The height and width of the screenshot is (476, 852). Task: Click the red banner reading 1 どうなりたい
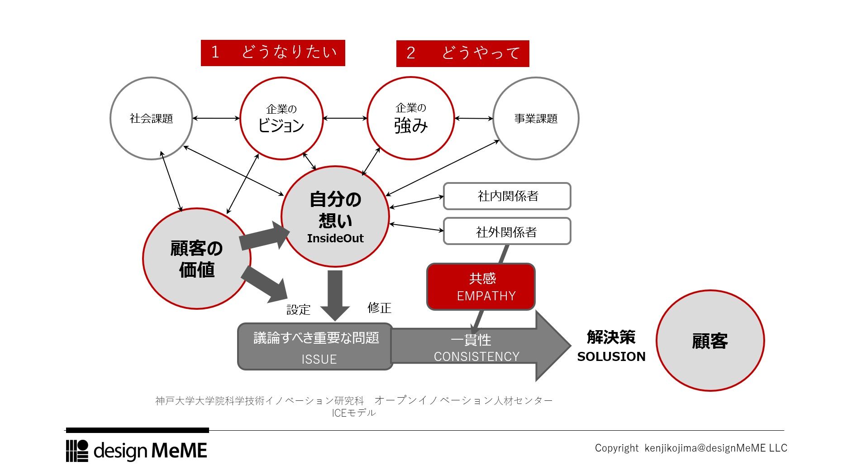point(273,53)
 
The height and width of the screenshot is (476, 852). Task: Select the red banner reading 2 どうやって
point(462,53)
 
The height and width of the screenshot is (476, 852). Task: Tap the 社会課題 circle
point(151,118)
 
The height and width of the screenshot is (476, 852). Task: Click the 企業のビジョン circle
point(281,118)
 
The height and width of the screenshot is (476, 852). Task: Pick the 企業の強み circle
point(410,118)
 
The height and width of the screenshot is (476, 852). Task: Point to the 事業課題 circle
point(536,118)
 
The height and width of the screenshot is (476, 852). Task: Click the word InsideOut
point(335,239)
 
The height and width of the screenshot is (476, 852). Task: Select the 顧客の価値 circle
point(196,259)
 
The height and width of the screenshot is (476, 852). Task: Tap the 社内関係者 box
point(507,196)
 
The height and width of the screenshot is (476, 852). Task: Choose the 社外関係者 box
point(507,231)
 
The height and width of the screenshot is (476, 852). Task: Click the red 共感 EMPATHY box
point(481,287)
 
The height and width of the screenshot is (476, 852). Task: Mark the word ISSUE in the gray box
point(319,359)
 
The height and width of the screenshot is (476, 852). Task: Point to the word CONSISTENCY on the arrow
point(476,357)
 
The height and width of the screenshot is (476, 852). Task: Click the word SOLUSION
point(611,357)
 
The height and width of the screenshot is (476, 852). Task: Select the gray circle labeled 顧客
point(709,341)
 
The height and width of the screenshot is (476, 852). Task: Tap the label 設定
point(299,310)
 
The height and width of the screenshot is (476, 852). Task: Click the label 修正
point(379,308)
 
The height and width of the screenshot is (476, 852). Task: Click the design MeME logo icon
point(77,451)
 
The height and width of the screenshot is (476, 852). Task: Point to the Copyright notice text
point(690,448)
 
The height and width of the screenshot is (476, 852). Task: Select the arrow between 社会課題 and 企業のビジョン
point(216,118)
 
